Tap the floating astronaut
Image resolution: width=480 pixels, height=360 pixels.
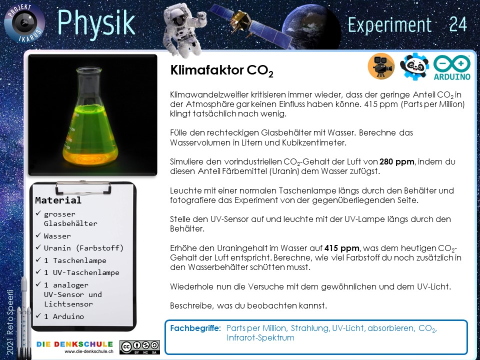point(184,29)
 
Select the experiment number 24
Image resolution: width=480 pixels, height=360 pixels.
point(458,24)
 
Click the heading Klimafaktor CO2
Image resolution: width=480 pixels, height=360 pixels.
point(221,70)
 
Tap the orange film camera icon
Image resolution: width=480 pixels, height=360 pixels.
point(381,66)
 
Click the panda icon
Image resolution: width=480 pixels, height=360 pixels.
point(414,66)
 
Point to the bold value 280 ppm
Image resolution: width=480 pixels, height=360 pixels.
point(397,161)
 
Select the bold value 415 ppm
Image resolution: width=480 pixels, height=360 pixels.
point(342,247)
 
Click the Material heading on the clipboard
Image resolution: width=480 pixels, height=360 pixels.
point(58,200)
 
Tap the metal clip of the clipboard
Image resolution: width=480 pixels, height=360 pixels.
point(83,187)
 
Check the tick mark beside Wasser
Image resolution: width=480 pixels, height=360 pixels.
point(38,235)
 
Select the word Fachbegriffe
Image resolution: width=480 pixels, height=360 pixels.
point(195,328)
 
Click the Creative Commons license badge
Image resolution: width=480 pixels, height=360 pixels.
point(139,347)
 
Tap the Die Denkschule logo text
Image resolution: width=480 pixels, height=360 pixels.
point(74,344)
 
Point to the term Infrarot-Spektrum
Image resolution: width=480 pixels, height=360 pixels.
point(260,338)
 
